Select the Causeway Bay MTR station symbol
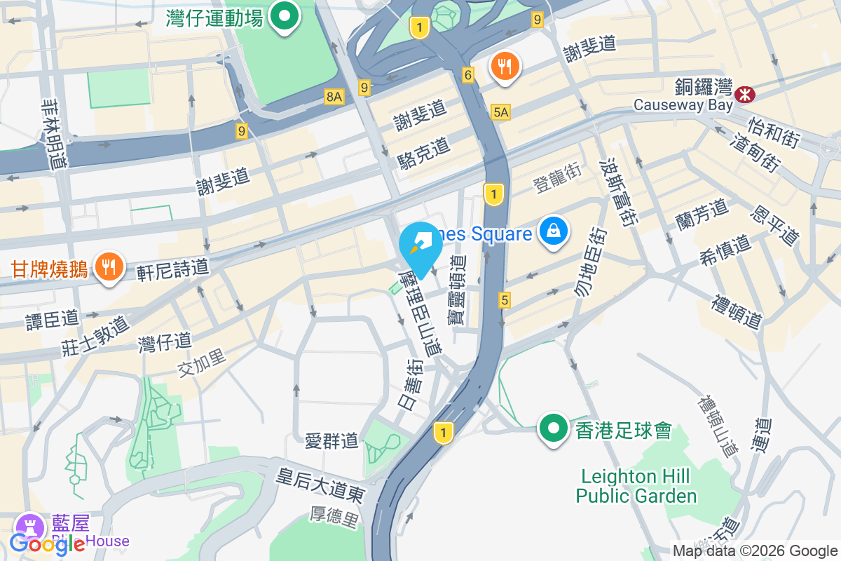744,93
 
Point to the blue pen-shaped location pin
420,245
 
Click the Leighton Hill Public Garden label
636,487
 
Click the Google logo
47,543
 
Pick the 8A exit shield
334,97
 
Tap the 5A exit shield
500,111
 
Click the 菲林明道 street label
53,133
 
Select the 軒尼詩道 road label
173,267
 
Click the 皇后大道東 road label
320,486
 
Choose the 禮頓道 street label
737,312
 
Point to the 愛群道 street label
331,440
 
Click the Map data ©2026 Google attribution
755,551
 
